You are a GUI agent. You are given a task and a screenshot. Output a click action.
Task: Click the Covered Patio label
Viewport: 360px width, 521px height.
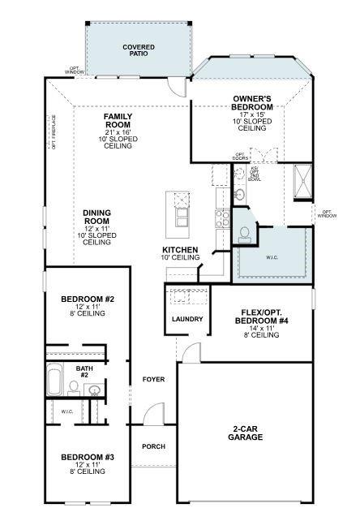click(139, 50)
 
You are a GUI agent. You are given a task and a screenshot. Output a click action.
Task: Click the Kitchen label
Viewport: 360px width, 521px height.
click(180, 253)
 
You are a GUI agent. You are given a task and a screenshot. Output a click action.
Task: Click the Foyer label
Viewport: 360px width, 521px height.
click(154, 379)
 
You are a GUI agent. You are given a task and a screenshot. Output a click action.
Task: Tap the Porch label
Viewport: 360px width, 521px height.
click(154, 446)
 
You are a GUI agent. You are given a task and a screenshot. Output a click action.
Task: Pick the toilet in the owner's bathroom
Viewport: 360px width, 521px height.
click(244, 232)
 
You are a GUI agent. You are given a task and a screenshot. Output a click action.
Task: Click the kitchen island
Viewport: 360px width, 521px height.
click(178, 210)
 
